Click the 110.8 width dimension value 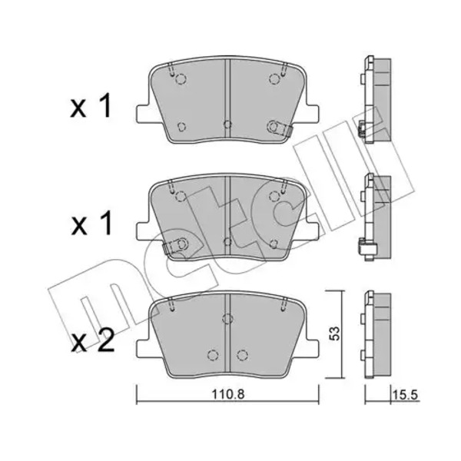(228, 394)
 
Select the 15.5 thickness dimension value (405, 394)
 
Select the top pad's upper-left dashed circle (181, 79)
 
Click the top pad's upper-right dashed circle (274, 79)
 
